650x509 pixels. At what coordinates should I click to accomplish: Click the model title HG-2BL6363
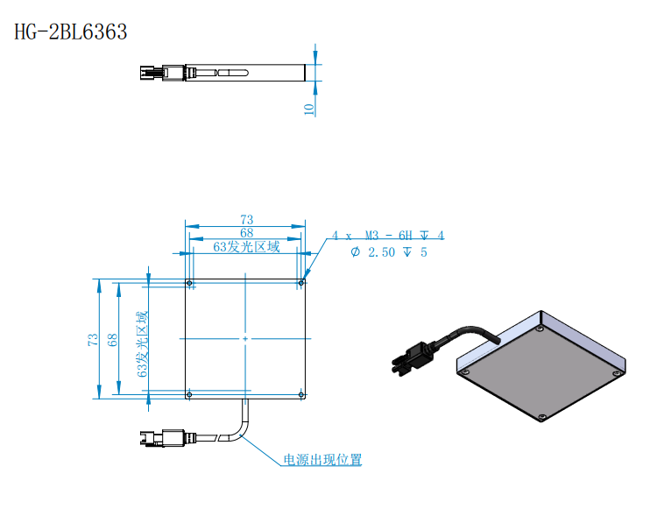(x=70, y=32)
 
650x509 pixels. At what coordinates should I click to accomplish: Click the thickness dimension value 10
(x=309, y=110)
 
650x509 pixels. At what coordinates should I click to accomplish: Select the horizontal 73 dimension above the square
(x=247, y=219)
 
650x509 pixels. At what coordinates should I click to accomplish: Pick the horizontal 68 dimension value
(x=247, y=232)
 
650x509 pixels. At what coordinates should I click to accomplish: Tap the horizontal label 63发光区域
(x=247, y=247)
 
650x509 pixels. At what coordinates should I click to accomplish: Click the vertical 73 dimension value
(x=93, y=339)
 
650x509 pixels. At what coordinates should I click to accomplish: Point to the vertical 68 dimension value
(x=112, y=339)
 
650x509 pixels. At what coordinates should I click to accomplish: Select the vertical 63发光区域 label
(x=142, y=344)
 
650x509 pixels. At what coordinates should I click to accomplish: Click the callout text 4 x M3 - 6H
(x=371, y=236)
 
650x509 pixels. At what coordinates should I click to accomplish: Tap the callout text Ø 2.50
(x=372, y=252)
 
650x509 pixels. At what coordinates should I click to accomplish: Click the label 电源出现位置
(x=322, y=459)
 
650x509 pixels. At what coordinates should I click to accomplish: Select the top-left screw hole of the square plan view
(x=189, y=283)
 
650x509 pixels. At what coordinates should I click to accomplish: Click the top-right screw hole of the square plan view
(x=301, y=283)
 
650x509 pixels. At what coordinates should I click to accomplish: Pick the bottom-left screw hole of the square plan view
(x=189, y=394)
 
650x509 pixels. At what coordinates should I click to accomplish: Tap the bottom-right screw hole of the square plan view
(x=301, y=394)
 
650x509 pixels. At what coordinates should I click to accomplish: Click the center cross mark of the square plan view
(x=245, y=339)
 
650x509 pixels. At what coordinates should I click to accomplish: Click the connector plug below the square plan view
(x=162, y=438)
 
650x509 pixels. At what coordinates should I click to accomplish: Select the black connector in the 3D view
(x=413, y=358)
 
